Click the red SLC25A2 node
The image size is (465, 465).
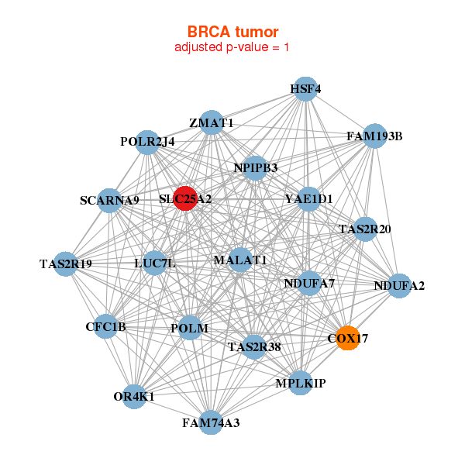[185, 199]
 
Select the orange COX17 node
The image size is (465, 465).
[347, 338]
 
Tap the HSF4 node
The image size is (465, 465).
[305, 89]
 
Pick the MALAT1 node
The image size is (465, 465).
[240, 260]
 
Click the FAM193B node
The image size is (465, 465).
[374, 136]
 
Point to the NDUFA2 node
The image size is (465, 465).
[398, 286]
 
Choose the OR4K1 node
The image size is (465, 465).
[134, 397]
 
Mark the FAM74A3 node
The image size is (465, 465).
[211, 423]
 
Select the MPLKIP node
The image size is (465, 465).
[301, 383]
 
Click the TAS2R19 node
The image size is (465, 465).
[66, 264]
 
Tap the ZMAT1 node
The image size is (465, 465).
[212, 123]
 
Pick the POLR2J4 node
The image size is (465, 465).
[147, 142]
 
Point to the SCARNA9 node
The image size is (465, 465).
[109, 201]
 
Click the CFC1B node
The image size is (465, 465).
[105, 327]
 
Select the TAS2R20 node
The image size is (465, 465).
[365, 229]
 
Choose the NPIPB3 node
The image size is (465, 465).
[255, 167]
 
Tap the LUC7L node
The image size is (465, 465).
[155, 263]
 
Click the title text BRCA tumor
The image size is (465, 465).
[232, 32]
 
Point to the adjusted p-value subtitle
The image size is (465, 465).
[232, 47]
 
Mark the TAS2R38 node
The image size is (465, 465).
[254, 346]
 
